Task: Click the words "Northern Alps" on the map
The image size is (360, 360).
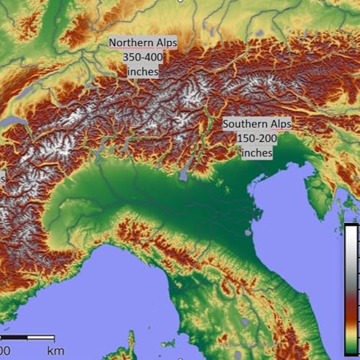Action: (142, 42)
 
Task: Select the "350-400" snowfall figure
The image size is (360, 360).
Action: (142, 58)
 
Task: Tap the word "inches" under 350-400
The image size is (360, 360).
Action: (142, 73)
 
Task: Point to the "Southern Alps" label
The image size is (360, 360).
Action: (257, 124)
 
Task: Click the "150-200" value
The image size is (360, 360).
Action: (257, 138)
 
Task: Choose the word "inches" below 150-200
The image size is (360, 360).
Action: (257, 153)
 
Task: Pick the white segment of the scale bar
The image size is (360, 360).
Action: (41, 337)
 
